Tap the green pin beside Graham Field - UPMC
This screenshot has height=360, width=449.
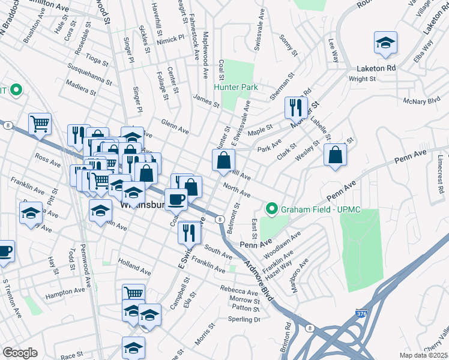click(x=271, y=209)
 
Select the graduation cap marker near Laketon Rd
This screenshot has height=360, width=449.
click(x=385, y=43)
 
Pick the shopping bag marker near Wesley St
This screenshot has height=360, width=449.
click(x=335, y=155)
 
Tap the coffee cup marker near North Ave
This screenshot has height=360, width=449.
click(x=176, y=198)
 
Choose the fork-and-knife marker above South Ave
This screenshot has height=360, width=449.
click(x=189, y=231)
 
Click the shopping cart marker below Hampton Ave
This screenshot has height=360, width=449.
click(x=134, y=293)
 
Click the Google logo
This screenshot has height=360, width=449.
click(x=20, y=353)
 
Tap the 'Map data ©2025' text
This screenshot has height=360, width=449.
click(x=424, y=355)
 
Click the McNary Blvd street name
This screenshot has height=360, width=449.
click(x=423, y=101)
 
